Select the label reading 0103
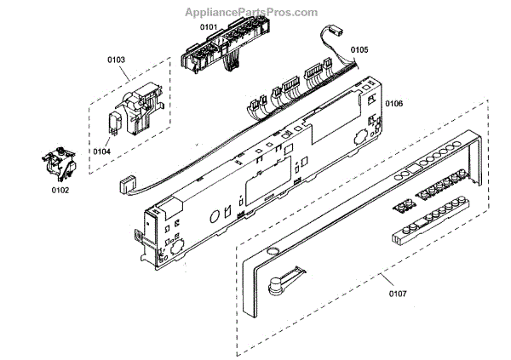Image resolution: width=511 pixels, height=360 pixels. (x=117, y=60)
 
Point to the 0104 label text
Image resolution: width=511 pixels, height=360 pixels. (x=101, y=151)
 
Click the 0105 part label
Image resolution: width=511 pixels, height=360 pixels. (x=359, y=50)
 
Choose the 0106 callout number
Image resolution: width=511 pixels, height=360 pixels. (x=393, y=104)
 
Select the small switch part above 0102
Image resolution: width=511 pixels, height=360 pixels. (x=58, y=163)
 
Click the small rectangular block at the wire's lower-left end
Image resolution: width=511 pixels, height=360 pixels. (x=126, y=182)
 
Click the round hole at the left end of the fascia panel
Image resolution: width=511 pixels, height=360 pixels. (x=272, y=252)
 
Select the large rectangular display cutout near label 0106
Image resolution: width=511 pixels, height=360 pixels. (x=331, y=127)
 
